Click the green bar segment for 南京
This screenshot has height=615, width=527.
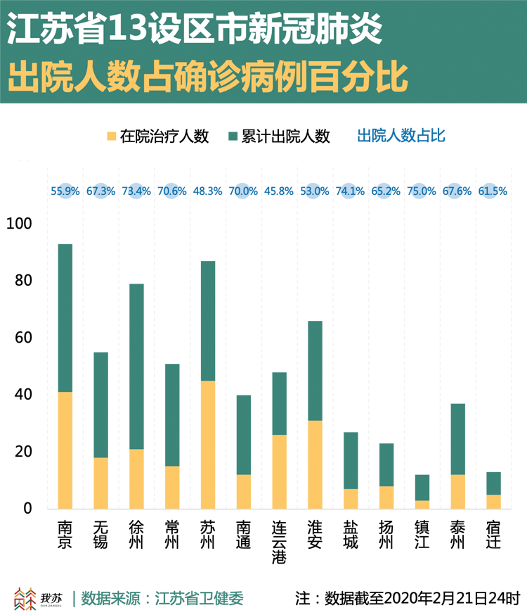(65, 317)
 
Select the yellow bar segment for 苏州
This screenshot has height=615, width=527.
(208, 444)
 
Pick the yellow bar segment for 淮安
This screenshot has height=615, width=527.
(315, 464)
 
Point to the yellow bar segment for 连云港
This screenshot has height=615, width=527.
(279, 471)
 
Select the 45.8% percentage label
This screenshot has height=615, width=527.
(279, 191)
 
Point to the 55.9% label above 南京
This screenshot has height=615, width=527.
(65, 191)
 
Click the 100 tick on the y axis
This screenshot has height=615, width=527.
(19, 224)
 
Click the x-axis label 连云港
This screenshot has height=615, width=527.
(279, 543)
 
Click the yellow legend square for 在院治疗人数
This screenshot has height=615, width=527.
(110, 136)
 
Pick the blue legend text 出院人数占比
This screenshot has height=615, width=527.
(401, 136)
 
